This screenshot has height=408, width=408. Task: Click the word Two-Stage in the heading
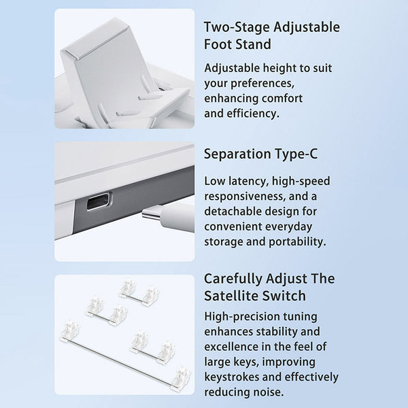[x=237, y=27]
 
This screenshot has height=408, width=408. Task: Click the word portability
[x=297, y=241]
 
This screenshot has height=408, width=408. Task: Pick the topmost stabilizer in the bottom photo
[x=139, y=292]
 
